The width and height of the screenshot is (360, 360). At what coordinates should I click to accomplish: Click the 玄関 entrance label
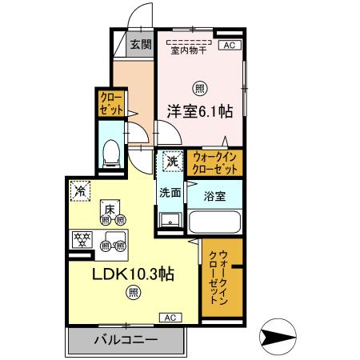pyautogui.click(x=141, y=45)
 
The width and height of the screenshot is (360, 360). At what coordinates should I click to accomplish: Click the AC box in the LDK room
pyautogui.click(x=170, y=318)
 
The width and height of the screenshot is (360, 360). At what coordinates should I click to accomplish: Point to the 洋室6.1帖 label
pyautogui.click(x=200, y=112)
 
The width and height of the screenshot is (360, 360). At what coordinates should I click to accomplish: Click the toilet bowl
pyautogui.click(x=112, y=151)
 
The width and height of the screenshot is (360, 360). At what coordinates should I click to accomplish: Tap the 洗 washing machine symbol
pyautogui.click(x=172, y=162)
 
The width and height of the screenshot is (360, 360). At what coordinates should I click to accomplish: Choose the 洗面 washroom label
pyautogui.click(x=169, y=192)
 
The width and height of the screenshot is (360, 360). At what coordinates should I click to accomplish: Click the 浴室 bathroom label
pyautogui.click(x=214, y=195)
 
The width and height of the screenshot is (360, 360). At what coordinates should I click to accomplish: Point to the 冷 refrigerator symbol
pyautogui.click(x=80, y=190)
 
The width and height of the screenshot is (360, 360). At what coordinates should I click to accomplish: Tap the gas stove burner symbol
pyautogui.click(x=81, y=238)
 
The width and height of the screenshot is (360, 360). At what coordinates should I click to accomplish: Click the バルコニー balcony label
pyautogui.click(x=126, y=338)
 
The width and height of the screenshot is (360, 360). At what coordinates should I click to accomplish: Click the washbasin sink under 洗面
pyautogui.click(x=168, y=220)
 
